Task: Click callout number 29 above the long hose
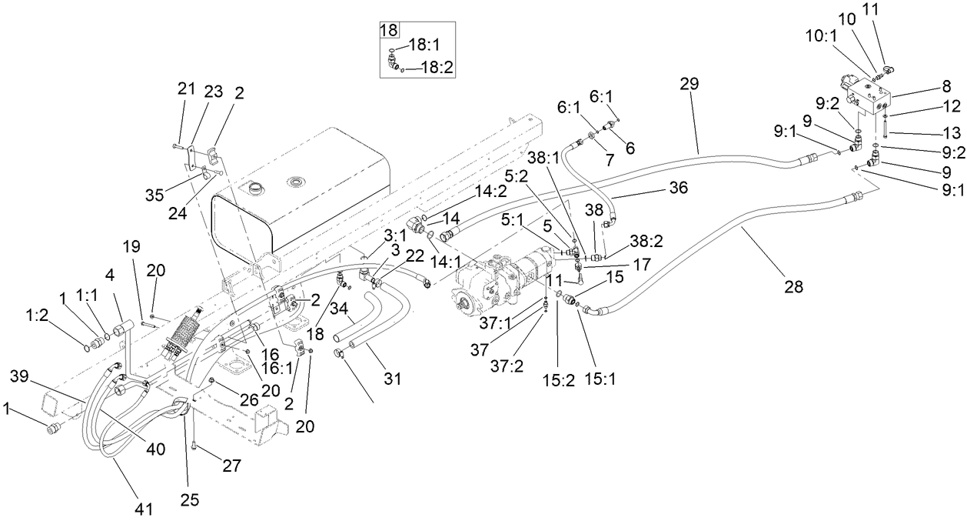click(689, 84)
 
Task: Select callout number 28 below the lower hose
click(794, 287)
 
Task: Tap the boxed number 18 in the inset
click(389, 31)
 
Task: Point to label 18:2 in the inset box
click(437, 68)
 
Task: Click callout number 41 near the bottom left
click(144, 509)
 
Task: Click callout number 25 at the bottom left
click(189, 499)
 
